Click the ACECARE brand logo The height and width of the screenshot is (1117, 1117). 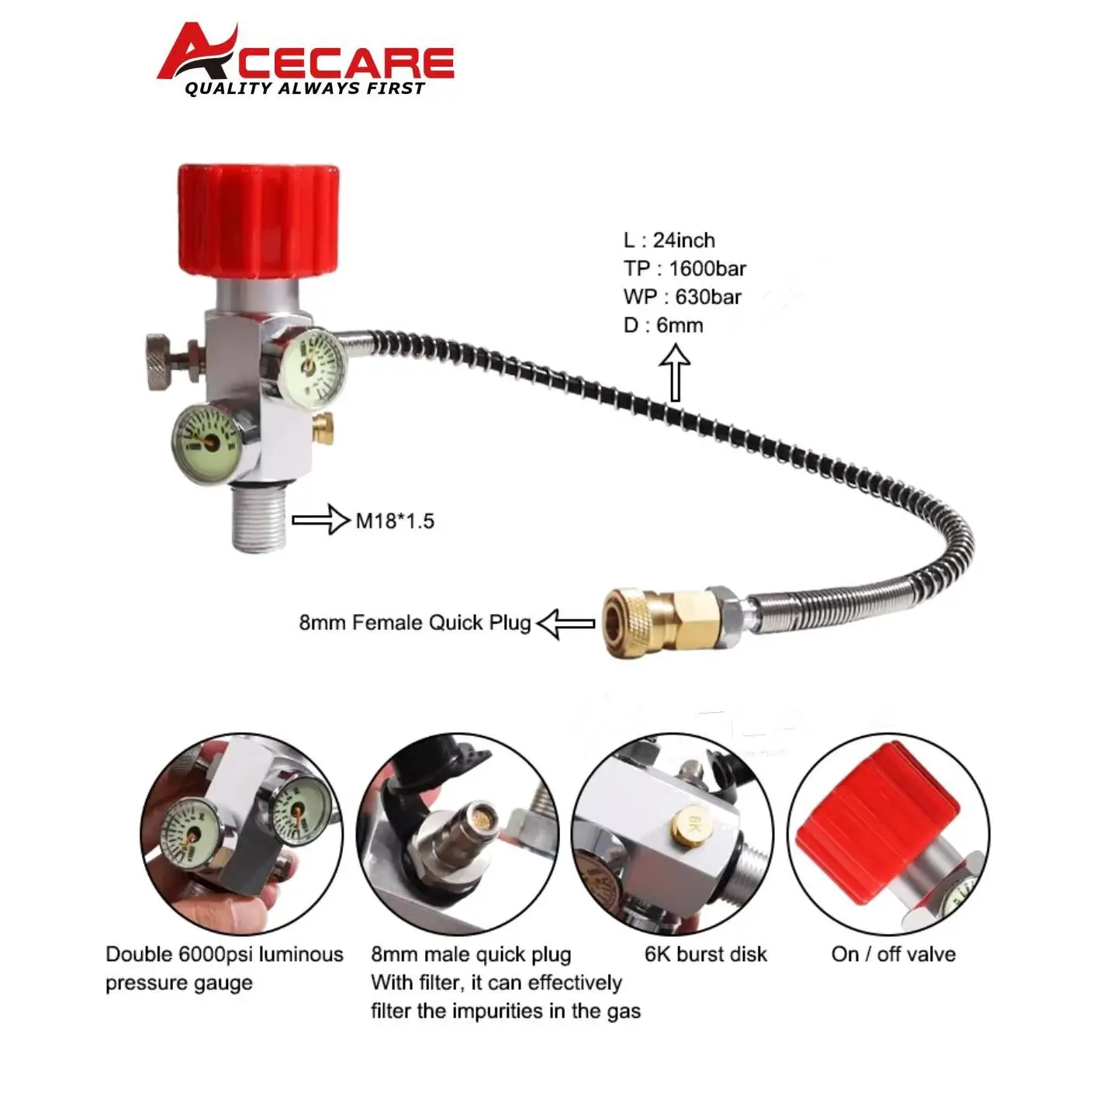tap(306, 59)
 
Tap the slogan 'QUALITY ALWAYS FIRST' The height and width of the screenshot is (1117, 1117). tap(305, 88)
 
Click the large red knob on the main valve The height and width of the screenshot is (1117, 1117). tap(258, 221)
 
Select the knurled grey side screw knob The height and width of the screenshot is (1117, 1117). tap(164, 361)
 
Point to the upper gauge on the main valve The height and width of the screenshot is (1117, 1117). tap(314, 364)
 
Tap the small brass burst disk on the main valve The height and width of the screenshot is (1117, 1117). tap(323, 427)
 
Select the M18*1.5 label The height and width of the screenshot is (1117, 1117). tap(395, 521)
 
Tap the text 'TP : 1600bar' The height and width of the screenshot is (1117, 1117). tap(685, 268)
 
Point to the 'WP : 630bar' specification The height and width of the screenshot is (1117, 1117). tap(683, 297)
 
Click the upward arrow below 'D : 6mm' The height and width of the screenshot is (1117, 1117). tap(675, 372)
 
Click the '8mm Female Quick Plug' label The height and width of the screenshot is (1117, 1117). tap(415, 623)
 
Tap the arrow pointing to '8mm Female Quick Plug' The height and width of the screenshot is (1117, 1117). tap(565, 623)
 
